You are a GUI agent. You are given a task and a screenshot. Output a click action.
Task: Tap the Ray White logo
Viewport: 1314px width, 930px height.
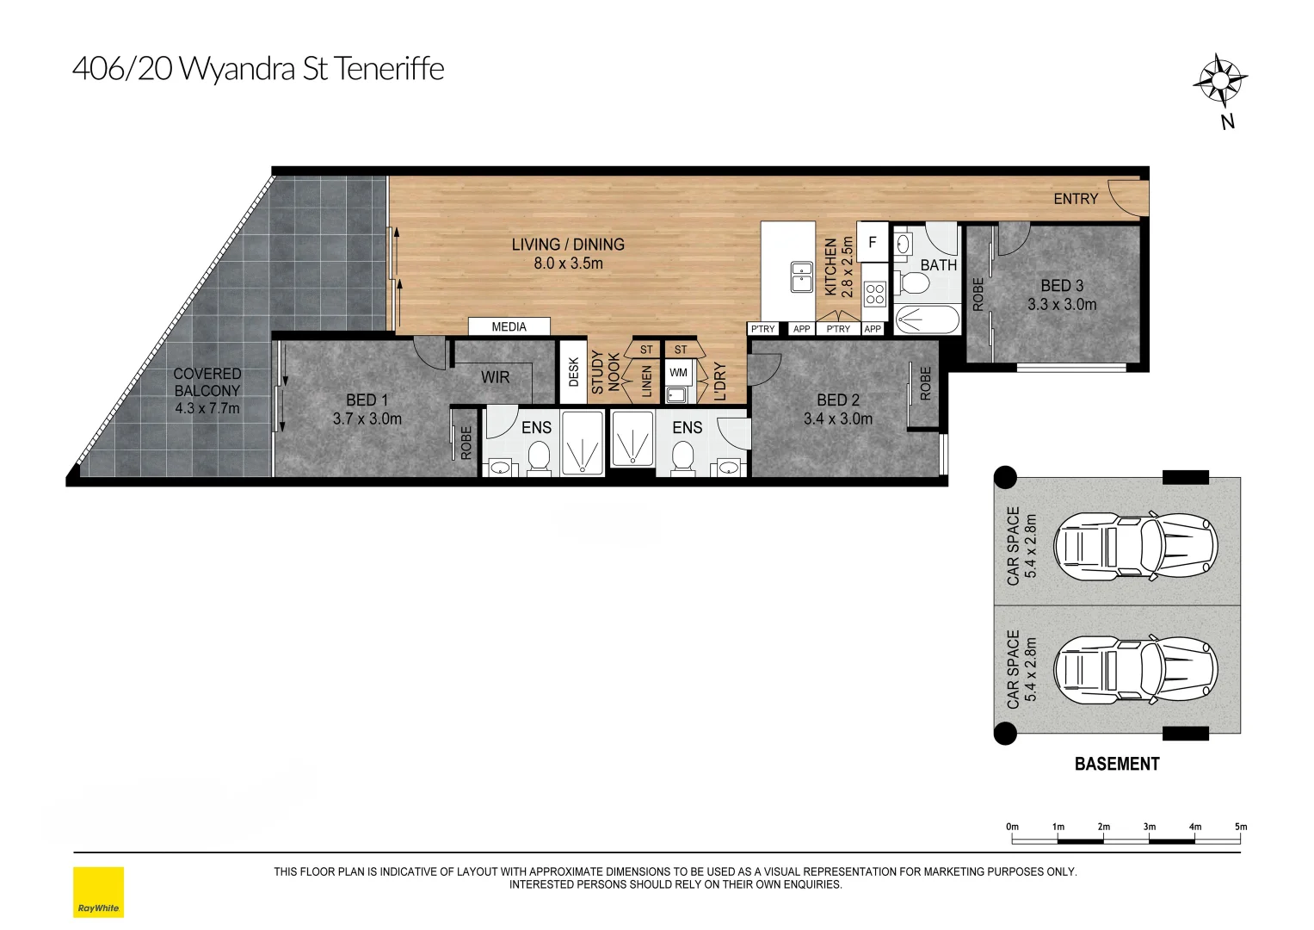click(x=99, y=892)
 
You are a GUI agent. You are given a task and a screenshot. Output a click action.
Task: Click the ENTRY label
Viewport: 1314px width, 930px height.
click(x=1076, y=199)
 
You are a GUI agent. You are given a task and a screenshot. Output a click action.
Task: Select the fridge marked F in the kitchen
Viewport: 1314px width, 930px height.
click(x=873, y=241)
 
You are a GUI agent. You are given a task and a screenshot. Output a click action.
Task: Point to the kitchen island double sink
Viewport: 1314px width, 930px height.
click(x=801, y=277)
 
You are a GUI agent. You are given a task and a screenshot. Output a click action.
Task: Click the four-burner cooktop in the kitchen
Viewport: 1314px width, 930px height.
click(x=874, y=294)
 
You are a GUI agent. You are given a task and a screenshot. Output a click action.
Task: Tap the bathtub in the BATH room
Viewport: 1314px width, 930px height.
click(x=928, y=319)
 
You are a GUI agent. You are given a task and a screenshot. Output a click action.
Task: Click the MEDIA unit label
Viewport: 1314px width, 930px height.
click(x=509, y=327)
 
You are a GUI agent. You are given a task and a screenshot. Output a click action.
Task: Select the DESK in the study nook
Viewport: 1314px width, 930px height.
click(x=574, y=372)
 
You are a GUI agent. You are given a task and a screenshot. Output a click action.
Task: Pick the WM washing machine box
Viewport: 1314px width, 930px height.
click(x=678, y=372)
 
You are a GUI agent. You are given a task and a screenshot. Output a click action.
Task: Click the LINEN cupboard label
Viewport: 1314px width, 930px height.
click(x=646, y=381)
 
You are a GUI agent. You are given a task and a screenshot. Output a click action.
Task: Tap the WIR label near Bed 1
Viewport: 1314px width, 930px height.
click(x=495, y=377)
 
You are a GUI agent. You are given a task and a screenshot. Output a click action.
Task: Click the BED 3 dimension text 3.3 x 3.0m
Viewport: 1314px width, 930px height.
click(x=1062, y=305)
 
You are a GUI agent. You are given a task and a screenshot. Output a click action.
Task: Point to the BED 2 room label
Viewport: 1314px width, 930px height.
click(x=837, y=400)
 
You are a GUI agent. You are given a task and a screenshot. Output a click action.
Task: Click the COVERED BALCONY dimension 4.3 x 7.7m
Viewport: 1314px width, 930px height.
click(x=207, y=408)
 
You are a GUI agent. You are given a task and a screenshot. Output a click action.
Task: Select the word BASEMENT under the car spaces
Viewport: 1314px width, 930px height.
click(x=1117, y=764)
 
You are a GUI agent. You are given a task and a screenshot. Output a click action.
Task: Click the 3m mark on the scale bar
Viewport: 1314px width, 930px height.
click(x=1149, y=827)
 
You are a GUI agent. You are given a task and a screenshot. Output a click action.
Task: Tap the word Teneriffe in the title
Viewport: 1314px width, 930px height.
click(x=389, y=69)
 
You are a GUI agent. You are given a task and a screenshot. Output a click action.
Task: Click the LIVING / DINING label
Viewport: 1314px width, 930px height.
click(x=568, y=245)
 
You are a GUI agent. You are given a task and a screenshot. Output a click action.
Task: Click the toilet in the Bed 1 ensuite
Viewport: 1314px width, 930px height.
click(x=538, y=456)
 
